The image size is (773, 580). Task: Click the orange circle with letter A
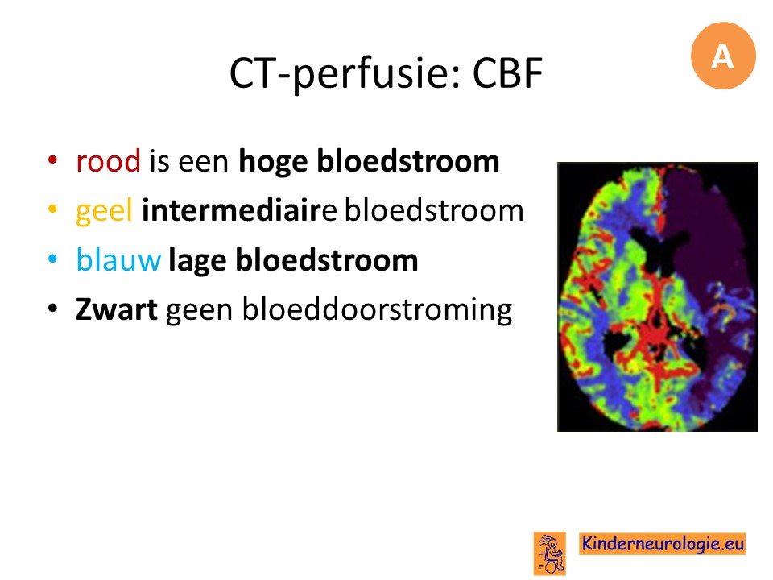[x=723, y=56]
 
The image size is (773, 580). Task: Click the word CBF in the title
[x=508, y=73]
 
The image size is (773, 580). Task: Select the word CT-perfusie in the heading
[x=344, y=74]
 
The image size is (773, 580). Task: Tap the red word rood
[x=108, y=161]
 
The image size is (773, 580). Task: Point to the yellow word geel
[x=104, y=212]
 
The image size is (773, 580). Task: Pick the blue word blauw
[x=118, y=260]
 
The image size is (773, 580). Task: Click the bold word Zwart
[x=116, y=309]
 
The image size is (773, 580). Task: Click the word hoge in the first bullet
[x=273, y=162]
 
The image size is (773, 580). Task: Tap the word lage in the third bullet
[x=197, y=261]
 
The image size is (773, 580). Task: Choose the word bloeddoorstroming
[x=377, y=309]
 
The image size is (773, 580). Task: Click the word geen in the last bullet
[x=199, y=312]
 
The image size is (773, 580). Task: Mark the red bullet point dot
[x=53, y=160]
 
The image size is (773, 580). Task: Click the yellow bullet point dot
[x=53, y=209]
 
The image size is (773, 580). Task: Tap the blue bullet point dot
[x=53, y=259]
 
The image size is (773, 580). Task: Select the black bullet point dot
[x=53, y=309]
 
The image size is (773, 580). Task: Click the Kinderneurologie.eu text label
[x=662, y=544]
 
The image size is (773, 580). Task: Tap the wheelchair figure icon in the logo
[x=550, y=553]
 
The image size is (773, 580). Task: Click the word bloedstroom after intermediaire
[x=434, y=210]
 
